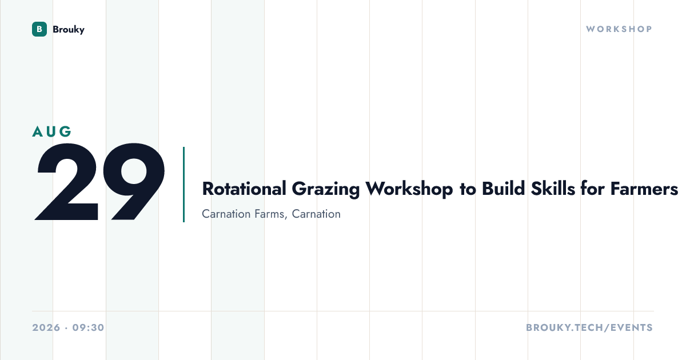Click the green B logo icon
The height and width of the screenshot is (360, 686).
click(39, 29)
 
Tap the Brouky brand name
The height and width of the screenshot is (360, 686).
click(69, 30)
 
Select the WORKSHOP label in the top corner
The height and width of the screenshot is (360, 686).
click(619, 29)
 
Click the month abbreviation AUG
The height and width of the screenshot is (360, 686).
click(52, 131)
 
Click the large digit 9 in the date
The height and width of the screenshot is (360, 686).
click(134, 182)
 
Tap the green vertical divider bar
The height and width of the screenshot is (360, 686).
click(184, 185)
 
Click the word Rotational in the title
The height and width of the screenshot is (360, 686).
click(244, 189)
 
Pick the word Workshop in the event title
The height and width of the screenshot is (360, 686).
click(409, 189)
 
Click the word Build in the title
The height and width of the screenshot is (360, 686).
click(504, 188)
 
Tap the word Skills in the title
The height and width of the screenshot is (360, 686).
click(553, 188)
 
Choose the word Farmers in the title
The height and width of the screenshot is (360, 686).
click(644, 189)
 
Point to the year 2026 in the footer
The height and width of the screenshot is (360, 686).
click(46, 327)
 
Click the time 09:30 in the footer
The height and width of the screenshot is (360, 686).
click(89, 327)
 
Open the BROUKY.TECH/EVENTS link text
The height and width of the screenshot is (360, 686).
click(589, 327)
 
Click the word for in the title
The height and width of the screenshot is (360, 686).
click(593, 188)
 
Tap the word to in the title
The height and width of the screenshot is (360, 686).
click(468, 189)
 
